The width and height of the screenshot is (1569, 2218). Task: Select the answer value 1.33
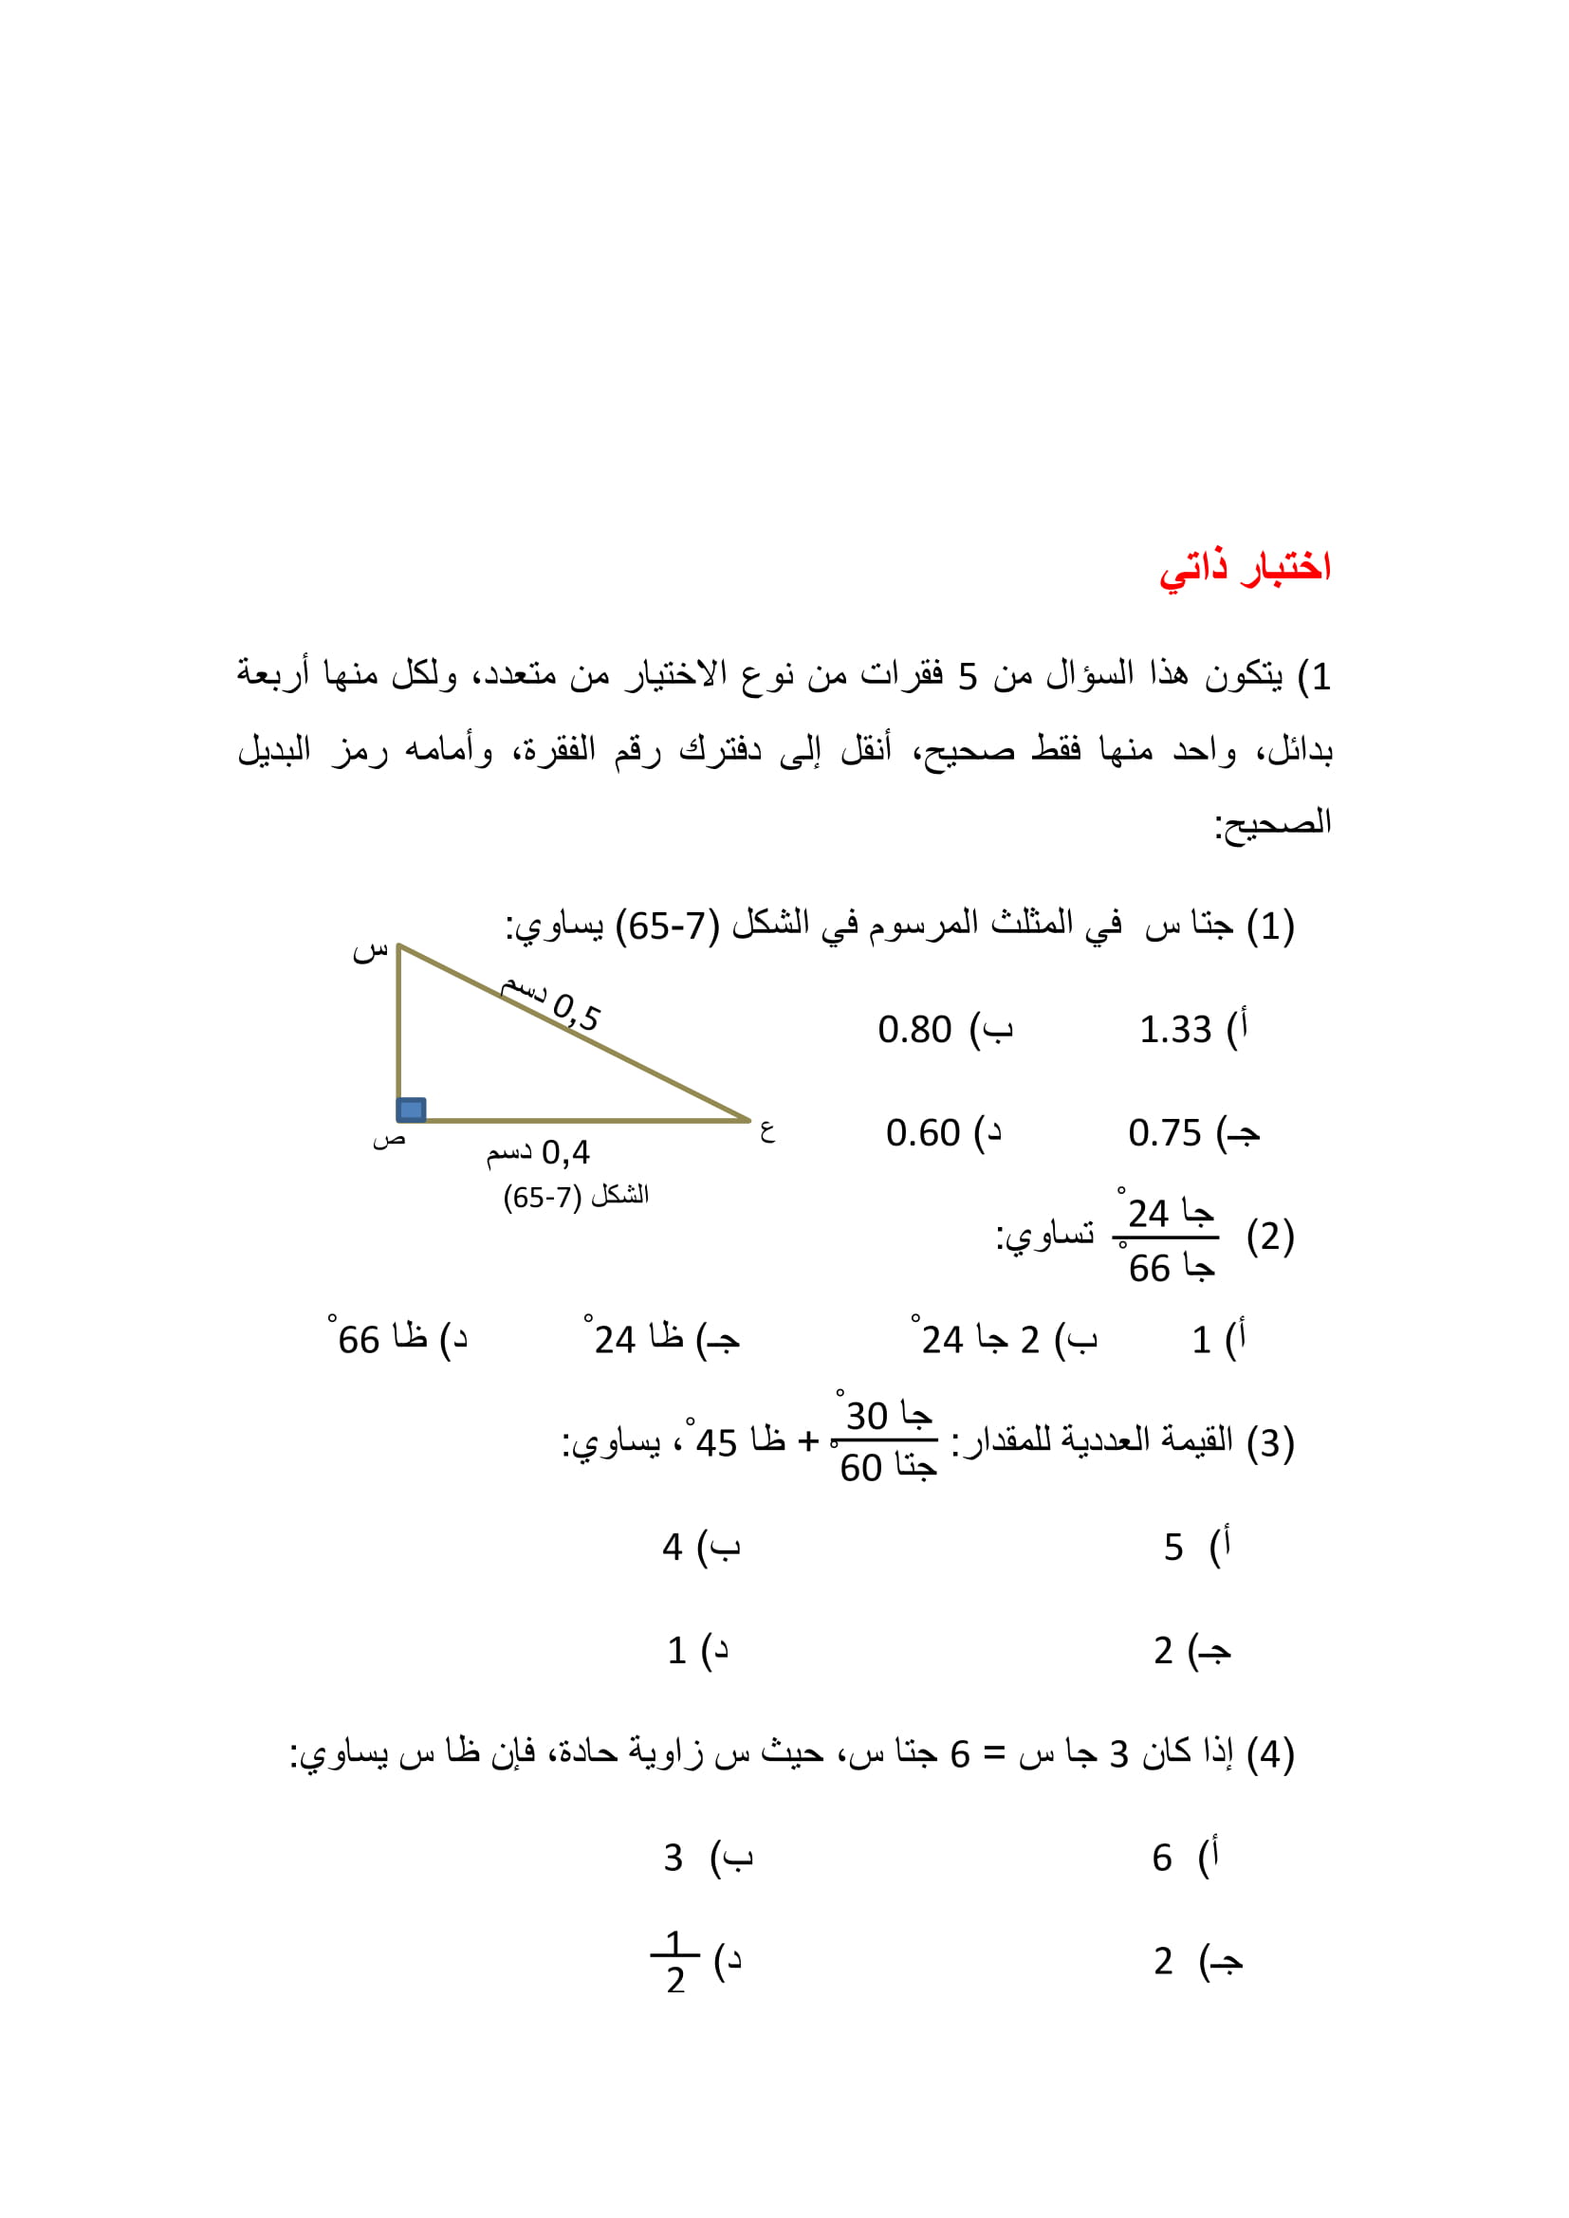[1174, 1030]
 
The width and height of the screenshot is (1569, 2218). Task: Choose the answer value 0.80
[914, 1030]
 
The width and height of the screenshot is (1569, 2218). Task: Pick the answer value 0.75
[1164, 1132]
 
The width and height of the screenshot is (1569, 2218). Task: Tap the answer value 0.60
[923, 1132]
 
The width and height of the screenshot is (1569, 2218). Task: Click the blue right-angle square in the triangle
[412, 1109]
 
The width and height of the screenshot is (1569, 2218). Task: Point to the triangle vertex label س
[370, 951]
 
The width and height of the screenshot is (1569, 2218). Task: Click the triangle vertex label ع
[767, 1131]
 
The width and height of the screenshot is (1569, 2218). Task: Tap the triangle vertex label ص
[388, 1141]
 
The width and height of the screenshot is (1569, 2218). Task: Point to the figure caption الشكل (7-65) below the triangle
[576, 1197]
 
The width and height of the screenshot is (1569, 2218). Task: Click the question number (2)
[1270, 1237]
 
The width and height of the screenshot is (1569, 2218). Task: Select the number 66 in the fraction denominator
[1150, 1269]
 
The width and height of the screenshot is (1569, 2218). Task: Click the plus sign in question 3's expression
[807, 1441]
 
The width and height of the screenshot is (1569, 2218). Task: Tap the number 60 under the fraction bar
[860, 1468]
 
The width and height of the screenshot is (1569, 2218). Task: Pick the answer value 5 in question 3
[1172, 1548]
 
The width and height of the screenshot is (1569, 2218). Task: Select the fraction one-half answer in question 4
[675, 1962]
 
